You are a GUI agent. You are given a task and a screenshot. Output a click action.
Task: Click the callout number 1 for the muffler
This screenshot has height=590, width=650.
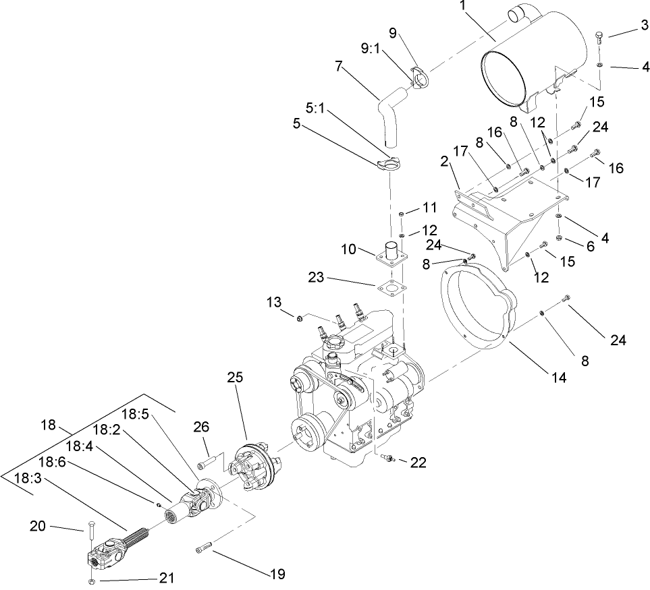pyautogui.click(x=463, y=6)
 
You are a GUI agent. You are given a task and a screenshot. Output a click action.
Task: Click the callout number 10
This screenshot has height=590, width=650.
pyautogui.click(x=349, y=250)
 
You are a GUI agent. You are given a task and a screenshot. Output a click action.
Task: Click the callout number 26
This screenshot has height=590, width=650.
pyautogui.click(x=201, y=427)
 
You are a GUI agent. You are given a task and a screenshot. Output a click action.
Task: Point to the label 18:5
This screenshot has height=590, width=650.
pyautogui.click(x=135, y=414)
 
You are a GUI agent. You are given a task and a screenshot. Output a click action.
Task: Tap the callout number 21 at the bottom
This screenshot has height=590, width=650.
pyautogui.click(x=167, y=577)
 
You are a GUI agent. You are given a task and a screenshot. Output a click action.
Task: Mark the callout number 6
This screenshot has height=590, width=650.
pyautogui.click(x=591, y=247)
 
